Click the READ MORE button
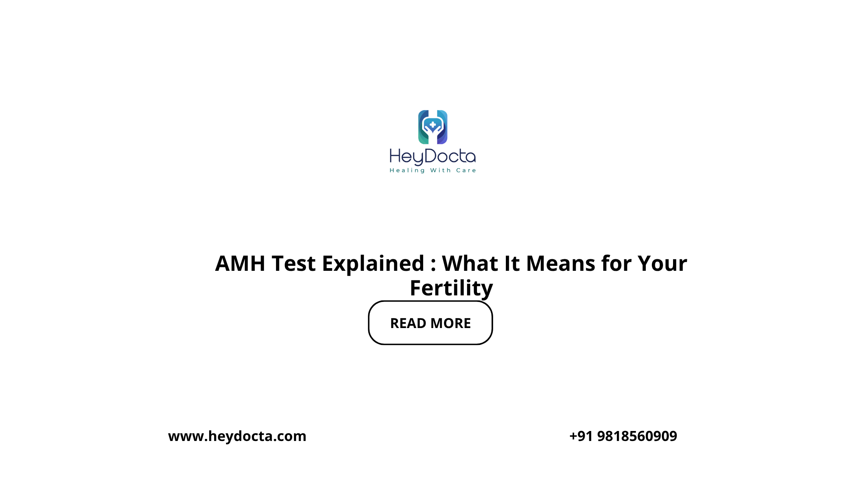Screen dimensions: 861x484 click(x=430, y=323)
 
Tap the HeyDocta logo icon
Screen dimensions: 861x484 click(x=433, y=127)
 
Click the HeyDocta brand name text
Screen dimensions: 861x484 click(x=433, y=157)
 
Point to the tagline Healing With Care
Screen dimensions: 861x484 click(x=433, y=171)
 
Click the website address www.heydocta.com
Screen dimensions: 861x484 click(x=237, y=436)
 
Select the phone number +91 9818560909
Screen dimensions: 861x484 click(x=623, y=436)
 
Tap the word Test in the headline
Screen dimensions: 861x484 click(x=294, y=264)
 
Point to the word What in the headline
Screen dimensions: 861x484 click(x=470, y=264)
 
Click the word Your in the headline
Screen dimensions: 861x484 click(x=662, y=264)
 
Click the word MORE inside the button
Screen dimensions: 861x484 click(x=451, y=323)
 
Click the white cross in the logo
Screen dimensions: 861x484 click(x=433, y=124)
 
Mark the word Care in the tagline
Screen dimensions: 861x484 click(x=466, y=171)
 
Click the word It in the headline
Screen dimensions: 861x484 click(x=512, y=264)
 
